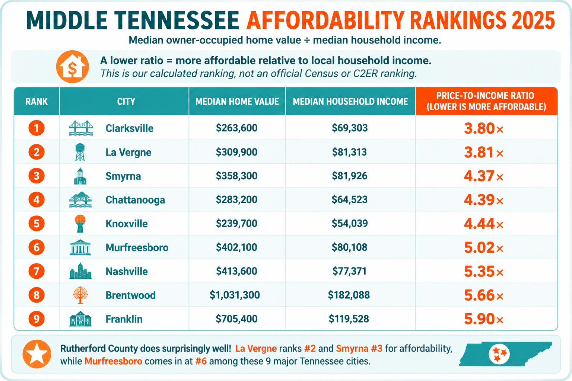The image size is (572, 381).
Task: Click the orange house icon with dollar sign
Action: pos(72,67)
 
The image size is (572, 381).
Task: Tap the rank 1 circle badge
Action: pos(36,128)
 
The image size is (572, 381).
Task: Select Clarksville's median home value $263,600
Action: pos(236,128)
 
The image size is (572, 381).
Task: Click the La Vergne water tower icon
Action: pos(80,152)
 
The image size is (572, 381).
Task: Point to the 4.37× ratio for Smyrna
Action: pos(483,176)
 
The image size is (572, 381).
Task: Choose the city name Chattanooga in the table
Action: pos(135,200)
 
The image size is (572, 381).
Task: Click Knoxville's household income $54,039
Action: pos(350,223)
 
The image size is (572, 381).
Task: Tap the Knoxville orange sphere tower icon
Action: pos(80,224)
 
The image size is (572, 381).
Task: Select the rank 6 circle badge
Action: pos(36,247)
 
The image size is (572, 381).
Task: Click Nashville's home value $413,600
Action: pos(236,271)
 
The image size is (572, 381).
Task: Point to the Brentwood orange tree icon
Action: pos(80,295)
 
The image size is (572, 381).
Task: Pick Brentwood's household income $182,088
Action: pos(349,295)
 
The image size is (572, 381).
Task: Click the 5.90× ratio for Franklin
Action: pos(483,319)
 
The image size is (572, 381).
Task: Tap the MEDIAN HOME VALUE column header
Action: pos(237,102)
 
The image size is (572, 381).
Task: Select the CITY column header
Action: pos(126,102)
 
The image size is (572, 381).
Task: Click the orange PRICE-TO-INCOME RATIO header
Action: pos(486,101)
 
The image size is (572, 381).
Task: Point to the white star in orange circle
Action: pos(37,354)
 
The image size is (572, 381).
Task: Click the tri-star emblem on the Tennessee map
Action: pos(499,354)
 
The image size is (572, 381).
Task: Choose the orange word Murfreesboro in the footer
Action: pos(113,361)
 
